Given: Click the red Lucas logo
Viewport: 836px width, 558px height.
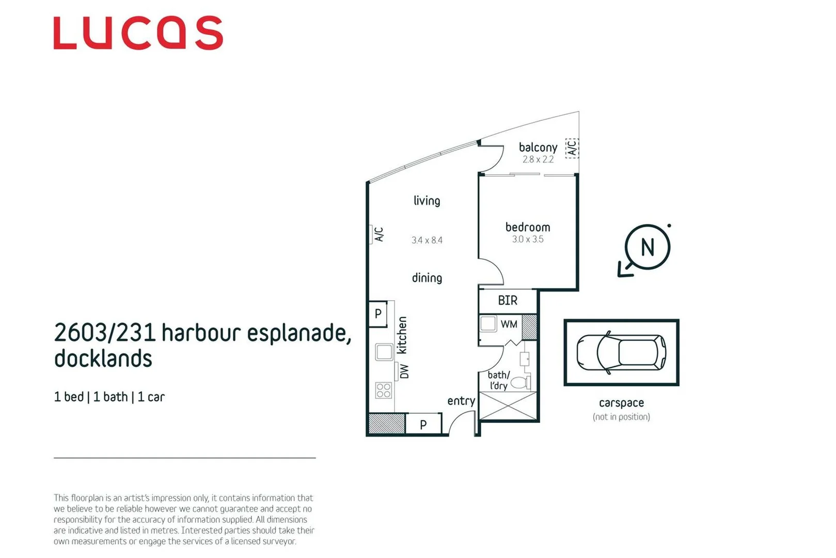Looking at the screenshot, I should pos(138,33).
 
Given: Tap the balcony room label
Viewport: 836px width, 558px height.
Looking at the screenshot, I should pos(538,148).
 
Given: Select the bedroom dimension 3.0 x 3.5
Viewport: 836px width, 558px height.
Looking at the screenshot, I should pos(527,239).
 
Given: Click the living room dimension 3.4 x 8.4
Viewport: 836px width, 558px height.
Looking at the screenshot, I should pos(427,240).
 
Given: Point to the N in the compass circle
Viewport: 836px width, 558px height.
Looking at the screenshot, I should pos(647,247).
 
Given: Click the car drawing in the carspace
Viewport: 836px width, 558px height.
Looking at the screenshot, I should pos(621,353).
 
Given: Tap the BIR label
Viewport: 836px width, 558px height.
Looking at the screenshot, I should pos(507,301).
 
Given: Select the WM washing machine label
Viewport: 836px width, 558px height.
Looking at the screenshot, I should pos(509,324).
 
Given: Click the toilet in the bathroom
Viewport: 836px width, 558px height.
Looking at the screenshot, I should pos(520,383).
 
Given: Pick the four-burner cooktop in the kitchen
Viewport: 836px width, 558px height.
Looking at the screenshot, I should pos(383,390).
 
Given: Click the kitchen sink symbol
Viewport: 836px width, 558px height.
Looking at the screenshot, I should pos(384,352).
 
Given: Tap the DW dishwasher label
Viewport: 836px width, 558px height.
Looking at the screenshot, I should pos(404,371).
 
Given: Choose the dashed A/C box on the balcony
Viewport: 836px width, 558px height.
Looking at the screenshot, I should pos(571,148).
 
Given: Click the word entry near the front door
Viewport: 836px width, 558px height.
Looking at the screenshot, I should pos(461,401).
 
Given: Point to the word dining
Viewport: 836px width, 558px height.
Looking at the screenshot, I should pos(427,278).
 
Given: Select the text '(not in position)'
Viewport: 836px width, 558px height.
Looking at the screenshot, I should pos(621,417).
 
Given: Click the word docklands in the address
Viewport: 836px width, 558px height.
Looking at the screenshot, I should pos(103,359).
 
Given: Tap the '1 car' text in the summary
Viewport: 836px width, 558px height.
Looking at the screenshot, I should pos(151,397).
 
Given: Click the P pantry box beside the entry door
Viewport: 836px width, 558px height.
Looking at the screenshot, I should pos(423,425).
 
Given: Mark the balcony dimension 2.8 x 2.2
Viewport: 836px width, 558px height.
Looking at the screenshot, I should pos(538,160).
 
